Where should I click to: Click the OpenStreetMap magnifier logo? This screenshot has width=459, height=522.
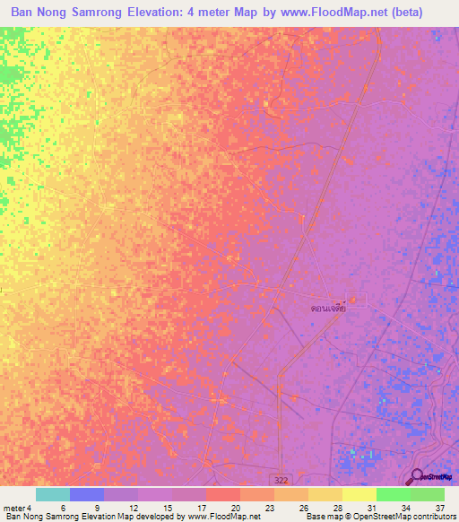pos(416,477)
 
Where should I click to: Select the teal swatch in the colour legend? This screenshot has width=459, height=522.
pos(53,494)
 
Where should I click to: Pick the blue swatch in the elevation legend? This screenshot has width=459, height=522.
pos(87,494)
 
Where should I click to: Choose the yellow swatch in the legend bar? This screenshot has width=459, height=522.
pos(359,494)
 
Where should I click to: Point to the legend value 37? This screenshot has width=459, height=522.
pos(439,507)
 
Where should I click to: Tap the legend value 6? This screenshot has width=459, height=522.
pos(63,507)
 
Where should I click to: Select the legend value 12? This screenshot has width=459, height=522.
pos(133,507)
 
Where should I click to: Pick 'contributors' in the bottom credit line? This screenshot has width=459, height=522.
pos(434,517)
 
